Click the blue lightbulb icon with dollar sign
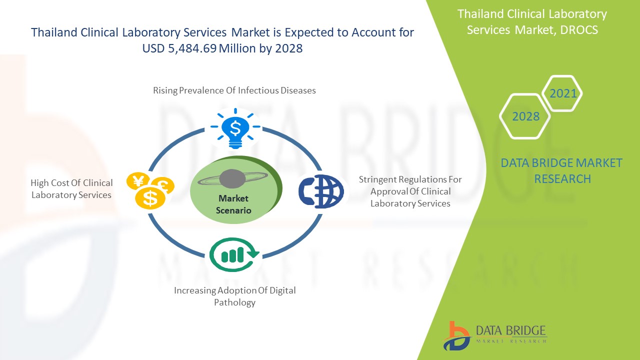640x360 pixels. (235, 128)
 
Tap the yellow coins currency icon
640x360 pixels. (150, 190)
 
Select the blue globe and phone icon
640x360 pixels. (321, 191)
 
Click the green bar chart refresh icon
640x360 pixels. (234, 254)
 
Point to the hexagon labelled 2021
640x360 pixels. (562, 93)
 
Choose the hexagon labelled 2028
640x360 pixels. (525, 116)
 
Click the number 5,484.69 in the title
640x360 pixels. (192, 48)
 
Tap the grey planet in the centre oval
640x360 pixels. (232, 179)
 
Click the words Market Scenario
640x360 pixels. (233, 204)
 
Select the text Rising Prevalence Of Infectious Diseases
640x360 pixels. (234, 90)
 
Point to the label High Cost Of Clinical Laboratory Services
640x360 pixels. (71, 189)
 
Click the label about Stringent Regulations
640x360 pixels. (410, 191)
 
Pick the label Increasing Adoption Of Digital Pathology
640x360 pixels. (235, 296)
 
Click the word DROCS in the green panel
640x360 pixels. (579, 30)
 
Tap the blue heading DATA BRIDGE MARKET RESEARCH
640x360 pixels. (561, 171)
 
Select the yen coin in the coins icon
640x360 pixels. (138, 181)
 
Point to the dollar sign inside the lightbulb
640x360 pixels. (235, 128)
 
